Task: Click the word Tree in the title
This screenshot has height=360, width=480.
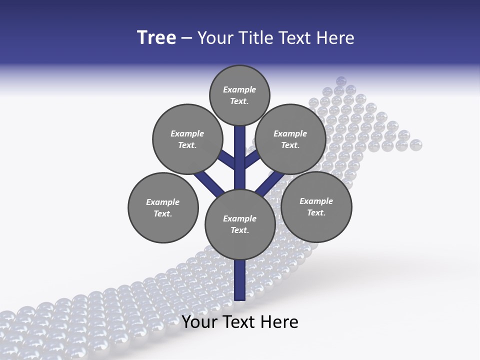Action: [156, 38]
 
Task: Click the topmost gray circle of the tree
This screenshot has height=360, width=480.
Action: [239, 95]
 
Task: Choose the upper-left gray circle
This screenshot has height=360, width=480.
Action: [187, 139]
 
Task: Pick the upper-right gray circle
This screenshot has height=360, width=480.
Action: [290, 139]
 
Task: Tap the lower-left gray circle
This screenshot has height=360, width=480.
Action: [163, 207]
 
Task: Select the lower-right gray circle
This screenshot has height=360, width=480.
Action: [316, 206]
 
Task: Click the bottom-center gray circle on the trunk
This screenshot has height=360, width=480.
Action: [240, 224]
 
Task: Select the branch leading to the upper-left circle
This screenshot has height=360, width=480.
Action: [227, 159]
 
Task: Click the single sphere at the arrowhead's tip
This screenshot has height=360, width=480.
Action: [341, 81]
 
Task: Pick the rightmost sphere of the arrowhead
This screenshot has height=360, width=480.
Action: [415, 145]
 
